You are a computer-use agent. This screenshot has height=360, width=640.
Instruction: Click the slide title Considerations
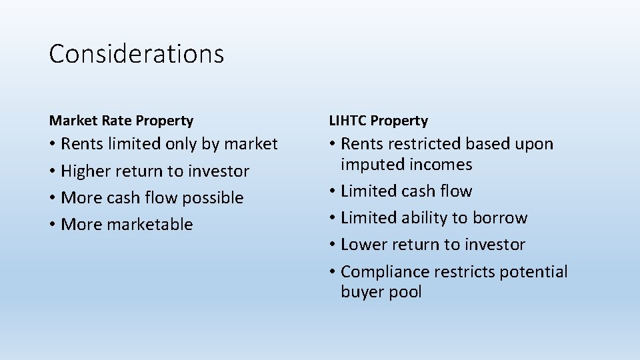136,54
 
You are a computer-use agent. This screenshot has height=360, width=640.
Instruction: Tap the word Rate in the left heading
117,121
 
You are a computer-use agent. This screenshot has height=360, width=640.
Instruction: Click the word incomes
441,165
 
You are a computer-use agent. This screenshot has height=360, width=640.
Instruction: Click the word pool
405,292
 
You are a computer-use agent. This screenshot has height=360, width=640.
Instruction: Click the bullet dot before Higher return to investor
53,172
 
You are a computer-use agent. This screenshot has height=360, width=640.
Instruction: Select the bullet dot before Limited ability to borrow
333,219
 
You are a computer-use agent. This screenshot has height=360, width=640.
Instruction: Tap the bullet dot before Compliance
333,273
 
